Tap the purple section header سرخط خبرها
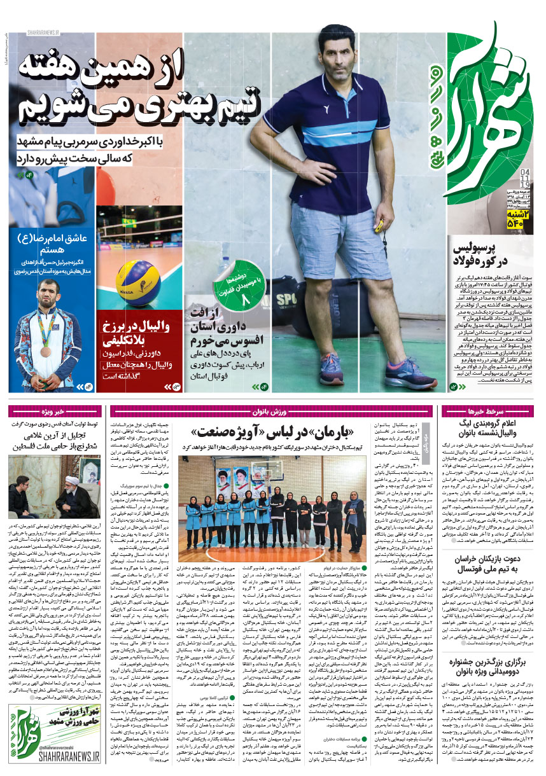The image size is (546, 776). tap(491, 410)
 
